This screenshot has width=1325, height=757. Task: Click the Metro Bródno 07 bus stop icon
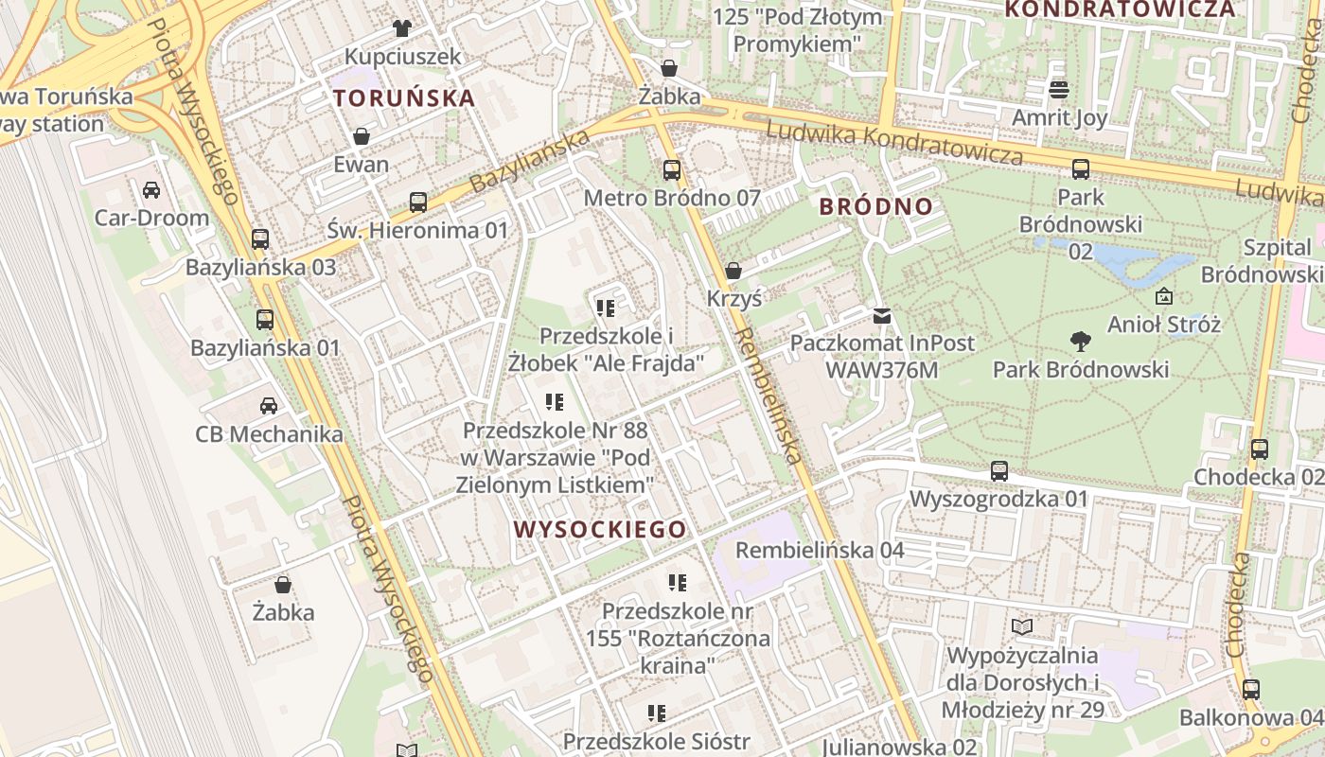(x=672, y=170)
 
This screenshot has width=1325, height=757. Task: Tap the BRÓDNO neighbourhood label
(x=875, y=206)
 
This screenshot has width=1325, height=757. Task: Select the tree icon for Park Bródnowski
(x=1080, y=342)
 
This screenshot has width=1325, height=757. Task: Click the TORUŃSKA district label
(x=404, y=97)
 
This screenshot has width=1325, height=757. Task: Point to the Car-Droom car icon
(x=151, y=190)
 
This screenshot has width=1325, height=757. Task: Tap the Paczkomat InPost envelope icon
(x=882, y=315)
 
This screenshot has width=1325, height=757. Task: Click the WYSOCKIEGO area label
(x=600, y=529)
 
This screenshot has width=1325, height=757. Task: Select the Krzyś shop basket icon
(x=733, y=272)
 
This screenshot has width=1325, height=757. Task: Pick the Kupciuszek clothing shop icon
(x=402, y=28)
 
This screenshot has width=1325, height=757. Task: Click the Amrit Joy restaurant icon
(x=1059, y=90)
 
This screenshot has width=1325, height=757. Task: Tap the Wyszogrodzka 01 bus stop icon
(x=998, y=470)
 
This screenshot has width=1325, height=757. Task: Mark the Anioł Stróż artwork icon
(x=1163, y=297)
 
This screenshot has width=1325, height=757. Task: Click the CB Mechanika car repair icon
(x=269, y=406)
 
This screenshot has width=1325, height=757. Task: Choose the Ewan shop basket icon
(x=361, y=137)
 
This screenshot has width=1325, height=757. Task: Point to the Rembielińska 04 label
(x=820, y=550)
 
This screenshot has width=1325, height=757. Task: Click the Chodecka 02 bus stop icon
(x=1259, y=449)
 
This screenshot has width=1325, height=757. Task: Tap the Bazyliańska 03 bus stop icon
(x=260, y=239)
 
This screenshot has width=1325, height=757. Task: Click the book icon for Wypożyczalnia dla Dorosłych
(x=1021, y=626)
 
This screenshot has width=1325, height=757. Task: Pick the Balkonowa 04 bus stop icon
(x=1251, y=690)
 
